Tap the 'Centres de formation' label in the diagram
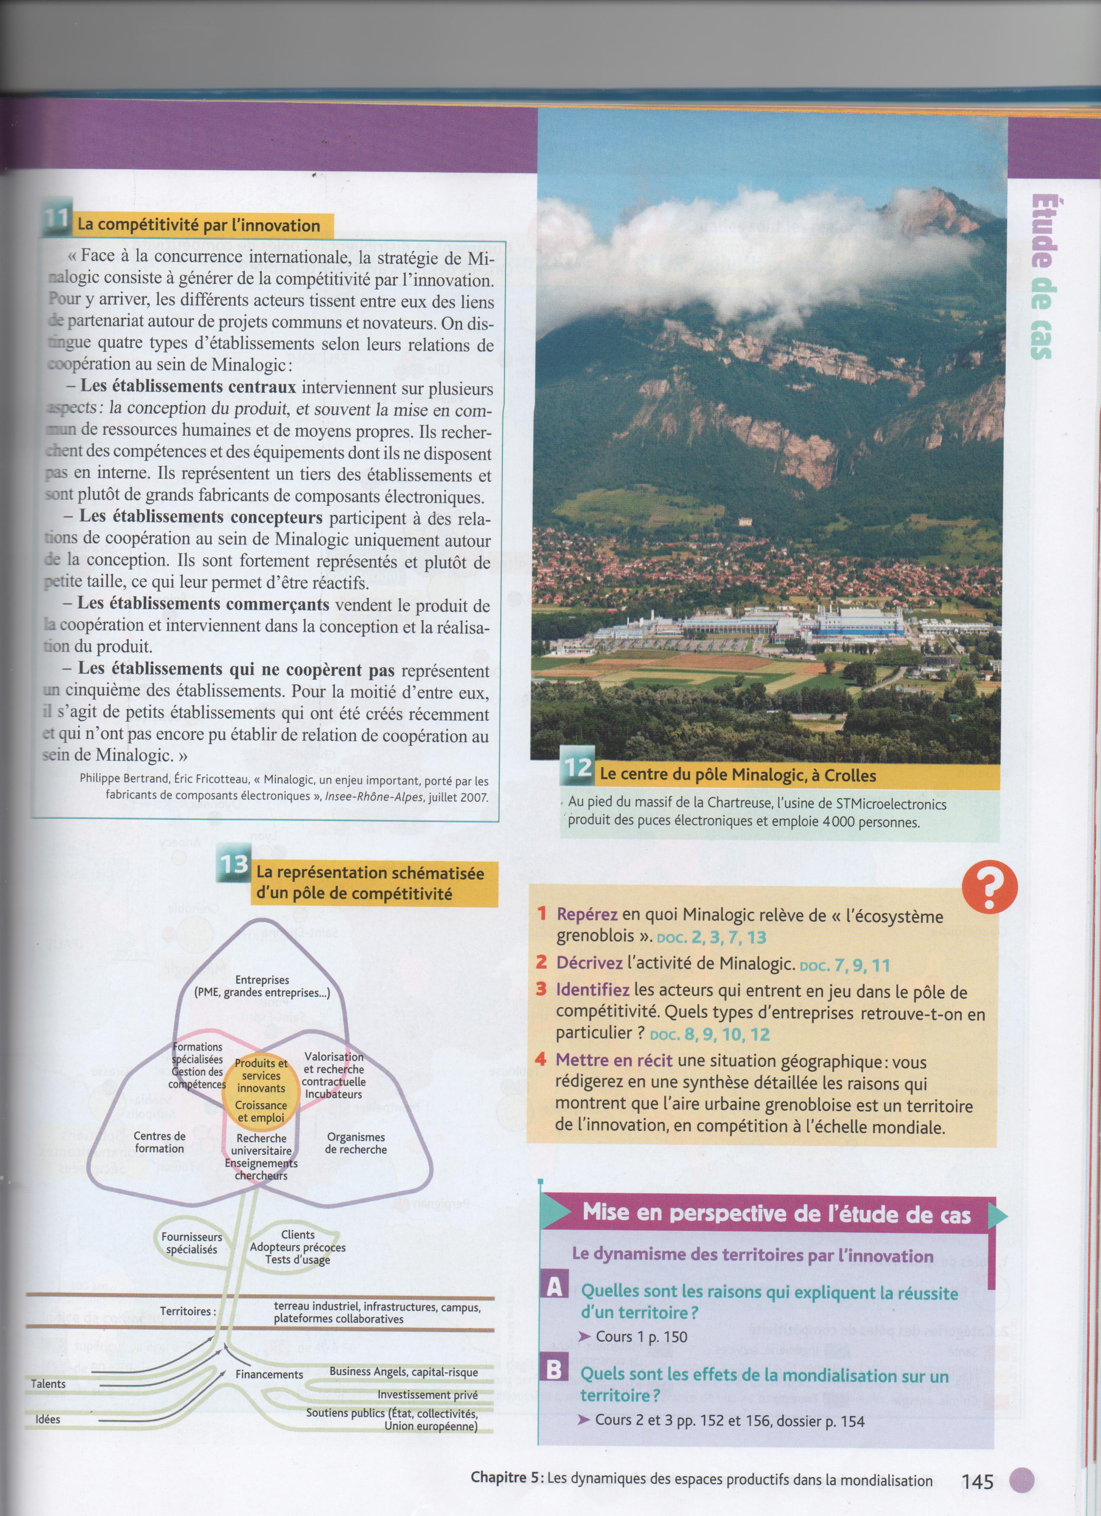tap(159, 1142)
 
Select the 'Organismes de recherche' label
tap(356, 1143)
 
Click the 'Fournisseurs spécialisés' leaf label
tap(192, 1243)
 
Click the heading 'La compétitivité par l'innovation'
tap(199, 226)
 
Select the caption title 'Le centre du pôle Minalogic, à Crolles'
tap(738, 775)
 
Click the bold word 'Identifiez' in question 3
tap(592, 989)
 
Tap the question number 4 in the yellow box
tap(541, 1060)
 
